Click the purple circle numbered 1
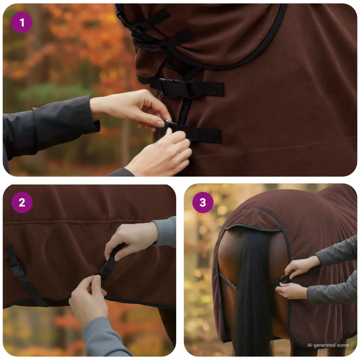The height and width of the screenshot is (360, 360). coord(22,22)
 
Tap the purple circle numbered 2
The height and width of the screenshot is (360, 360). coord(22,202)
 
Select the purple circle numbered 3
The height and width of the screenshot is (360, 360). coord(203,202)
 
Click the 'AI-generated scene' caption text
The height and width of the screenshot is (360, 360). coord(328,345)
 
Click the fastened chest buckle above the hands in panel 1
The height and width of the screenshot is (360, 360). coord(176,88)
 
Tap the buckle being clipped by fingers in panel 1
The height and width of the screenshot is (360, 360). coord(169,125)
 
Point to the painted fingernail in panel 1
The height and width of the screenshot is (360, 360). coord(160,124)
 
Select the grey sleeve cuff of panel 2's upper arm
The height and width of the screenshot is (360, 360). coord(164,232)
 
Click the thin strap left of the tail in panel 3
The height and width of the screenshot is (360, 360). coord(228,282)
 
